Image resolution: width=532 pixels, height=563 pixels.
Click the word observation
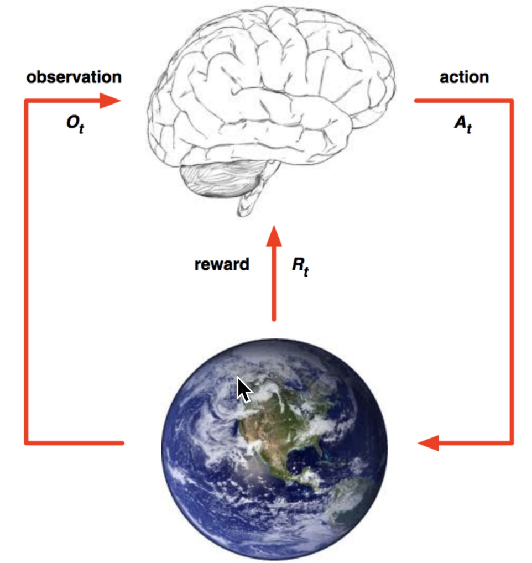pos(74,77)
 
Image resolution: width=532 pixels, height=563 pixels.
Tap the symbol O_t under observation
pos(75,124)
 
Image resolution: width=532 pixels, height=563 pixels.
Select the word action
pos(464,77)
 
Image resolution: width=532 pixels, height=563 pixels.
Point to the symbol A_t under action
pos(463,124)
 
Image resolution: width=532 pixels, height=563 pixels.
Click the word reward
pos(222,264)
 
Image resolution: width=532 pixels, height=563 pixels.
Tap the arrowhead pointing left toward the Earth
pos(429,442)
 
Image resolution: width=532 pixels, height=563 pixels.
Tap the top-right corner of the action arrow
pos(512,101)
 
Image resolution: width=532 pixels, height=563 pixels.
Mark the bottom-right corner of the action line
pos(512,442)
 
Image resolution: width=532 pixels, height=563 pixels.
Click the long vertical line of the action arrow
pos(512,271)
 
